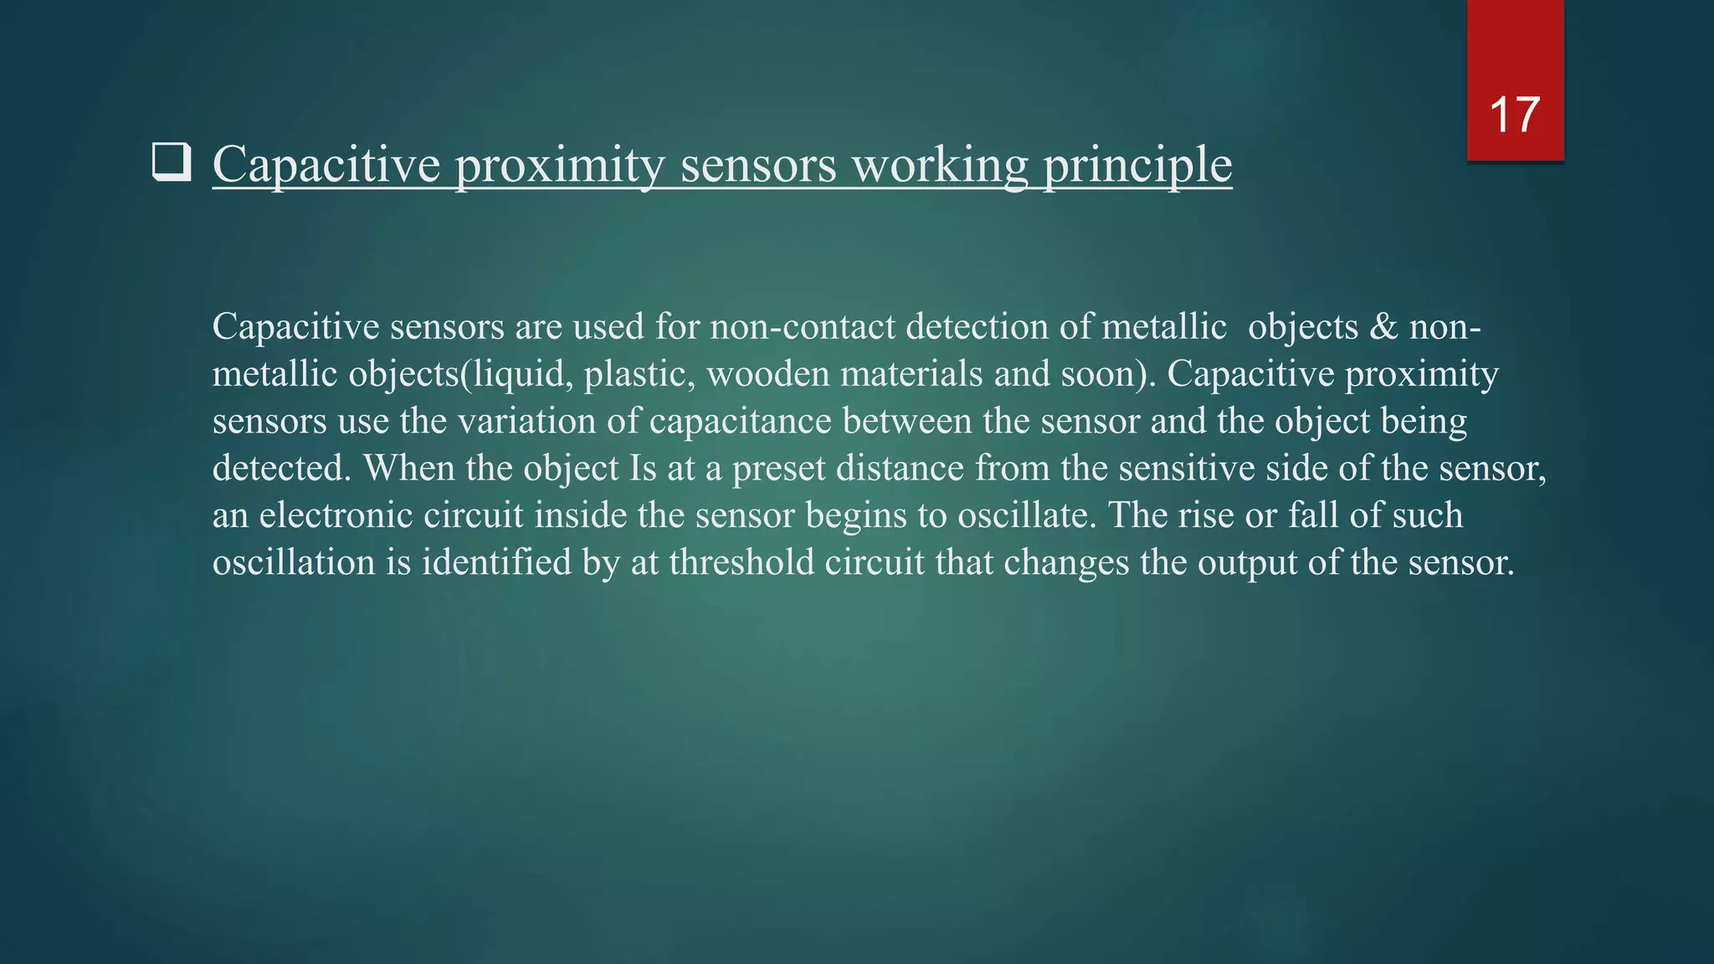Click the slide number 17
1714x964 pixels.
1515,115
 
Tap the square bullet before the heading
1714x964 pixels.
172,162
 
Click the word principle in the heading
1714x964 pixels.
1137,165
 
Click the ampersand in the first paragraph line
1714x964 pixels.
1383,326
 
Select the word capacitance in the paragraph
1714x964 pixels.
740,421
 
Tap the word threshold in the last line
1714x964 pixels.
742,562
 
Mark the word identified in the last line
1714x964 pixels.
496,562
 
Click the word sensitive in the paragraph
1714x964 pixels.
1186,468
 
